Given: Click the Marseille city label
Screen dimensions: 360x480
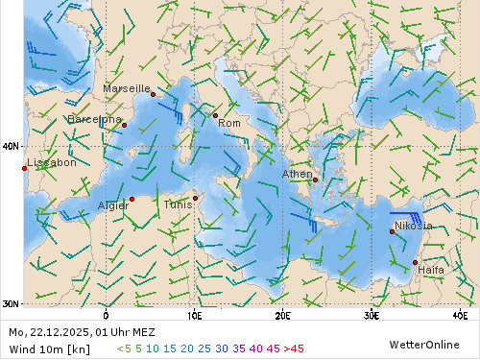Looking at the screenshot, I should tap(127, 88).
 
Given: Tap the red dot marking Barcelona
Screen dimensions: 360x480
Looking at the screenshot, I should tap(124, 125).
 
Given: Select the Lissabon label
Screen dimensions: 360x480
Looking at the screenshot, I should tap(53, 163).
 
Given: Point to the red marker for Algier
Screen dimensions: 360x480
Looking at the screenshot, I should tap(132, 200).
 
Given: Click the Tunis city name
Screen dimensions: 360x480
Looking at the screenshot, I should tap(178, 204).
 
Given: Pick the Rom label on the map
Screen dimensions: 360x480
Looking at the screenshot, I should tap(229, 123).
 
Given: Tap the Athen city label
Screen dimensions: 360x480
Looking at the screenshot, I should tap(297, 174).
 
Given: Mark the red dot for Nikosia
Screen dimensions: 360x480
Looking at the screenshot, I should tap(392, 231).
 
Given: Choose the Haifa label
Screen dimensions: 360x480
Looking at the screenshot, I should tap(431, 270).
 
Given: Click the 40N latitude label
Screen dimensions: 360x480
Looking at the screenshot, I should tap(11, 147).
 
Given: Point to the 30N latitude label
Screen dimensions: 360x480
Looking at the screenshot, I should tap(11, 303).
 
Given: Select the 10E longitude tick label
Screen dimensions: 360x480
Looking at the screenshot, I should tap(194, 315).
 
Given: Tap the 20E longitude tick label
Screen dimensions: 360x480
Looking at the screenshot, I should tap(282, 315).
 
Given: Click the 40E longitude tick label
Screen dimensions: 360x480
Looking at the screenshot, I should tap(459, 315).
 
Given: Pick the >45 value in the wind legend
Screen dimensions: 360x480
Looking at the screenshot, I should tap(293, 348).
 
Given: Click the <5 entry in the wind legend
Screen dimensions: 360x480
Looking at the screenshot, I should tap(124, 348).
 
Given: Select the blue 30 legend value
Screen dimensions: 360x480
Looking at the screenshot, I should tap(222, 348).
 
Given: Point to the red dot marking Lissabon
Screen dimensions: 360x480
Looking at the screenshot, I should tap(24, 169).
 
